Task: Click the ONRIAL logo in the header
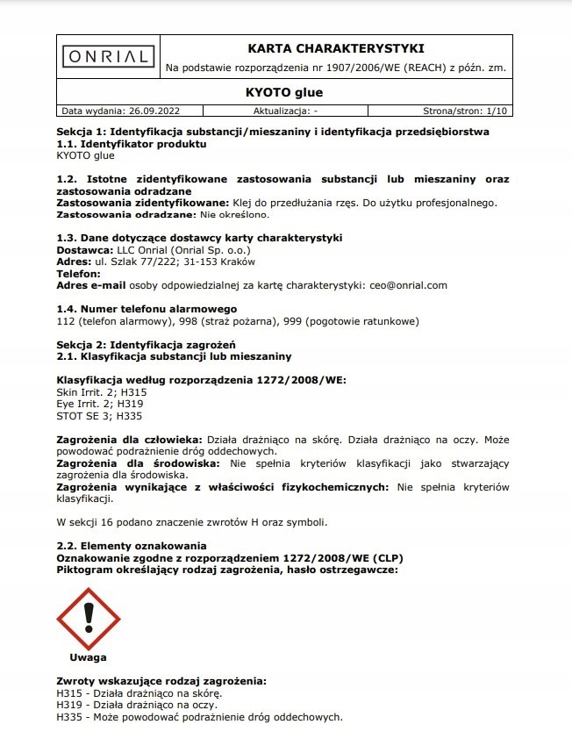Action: pyautogui.click(x=110, y=56)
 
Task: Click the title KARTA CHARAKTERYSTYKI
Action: pyautogui.click(x=336, y=47)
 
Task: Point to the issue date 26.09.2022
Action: pyautogui.click(x=155, y=111)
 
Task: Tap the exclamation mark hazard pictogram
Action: pyautogui.click(x=89, y=619)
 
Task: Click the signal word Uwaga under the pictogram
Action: pyautogui.click(x=89, y=656)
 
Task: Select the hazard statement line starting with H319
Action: pyautogui.click(x=137, y=705)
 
